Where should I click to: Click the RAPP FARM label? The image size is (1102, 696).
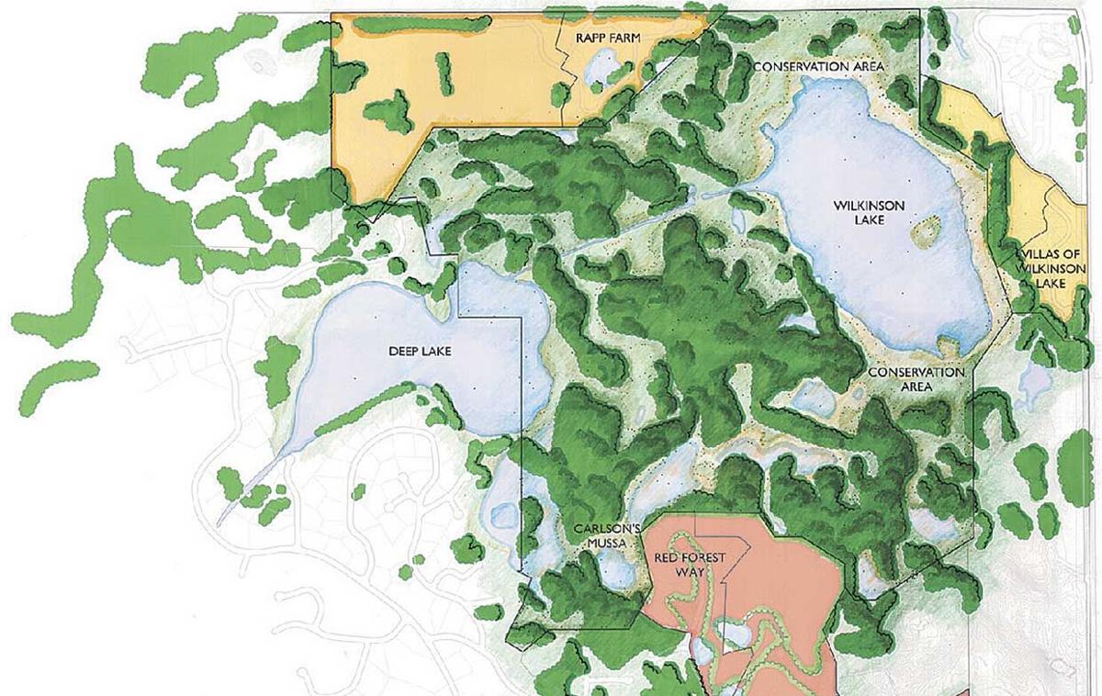click(607, 38)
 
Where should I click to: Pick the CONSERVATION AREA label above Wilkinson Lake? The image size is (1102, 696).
click(818, 67)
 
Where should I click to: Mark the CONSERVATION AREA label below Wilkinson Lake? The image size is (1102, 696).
click(916, 379)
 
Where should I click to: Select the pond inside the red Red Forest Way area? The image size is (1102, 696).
click(731, 634)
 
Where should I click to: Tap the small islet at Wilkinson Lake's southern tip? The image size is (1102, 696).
click(945, 346)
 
